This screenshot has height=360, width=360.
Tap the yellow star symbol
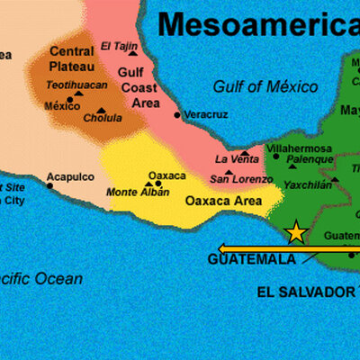click(x=295, y=232)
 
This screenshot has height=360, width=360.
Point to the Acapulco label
click(x=69, y=176)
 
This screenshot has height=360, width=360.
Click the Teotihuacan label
click(x=76, y=85)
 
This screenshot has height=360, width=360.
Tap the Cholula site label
click(x=102, y=118)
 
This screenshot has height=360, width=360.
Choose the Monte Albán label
click(x=138, y=193)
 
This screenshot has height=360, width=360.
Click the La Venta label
click(x=237, y=159)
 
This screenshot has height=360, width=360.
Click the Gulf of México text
click(x=265, y=87)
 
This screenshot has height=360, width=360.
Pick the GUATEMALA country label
click(x=252, y=259)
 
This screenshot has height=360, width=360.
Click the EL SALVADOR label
click(x=306, y=292)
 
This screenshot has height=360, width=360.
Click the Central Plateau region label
click(x=72, y=59)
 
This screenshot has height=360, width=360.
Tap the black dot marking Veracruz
click(x=177, y=115)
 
